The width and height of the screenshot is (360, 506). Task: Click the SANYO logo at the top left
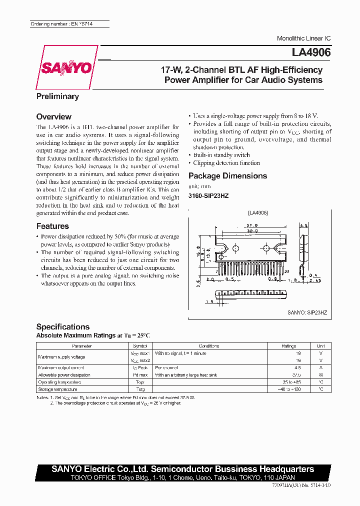click(65, 67)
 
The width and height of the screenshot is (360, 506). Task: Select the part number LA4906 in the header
click(311, 52)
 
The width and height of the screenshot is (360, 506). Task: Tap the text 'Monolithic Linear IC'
click(303, 38)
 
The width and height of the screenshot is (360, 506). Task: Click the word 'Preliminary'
click(57, 96)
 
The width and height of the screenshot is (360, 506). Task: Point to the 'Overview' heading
click(54, 116)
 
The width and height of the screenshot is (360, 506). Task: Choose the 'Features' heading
click(52, 226)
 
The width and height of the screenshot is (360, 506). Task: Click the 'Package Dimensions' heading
click(227, 175)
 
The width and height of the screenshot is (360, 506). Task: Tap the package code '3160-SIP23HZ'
click(208, 195)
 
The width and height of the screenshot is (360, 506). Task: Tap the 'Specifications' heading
click(63, 326)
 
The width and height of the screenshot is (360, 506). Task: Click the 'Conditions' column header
click(208, 345)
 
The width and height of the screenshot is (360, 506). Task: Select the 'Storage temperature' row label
click(58, 389)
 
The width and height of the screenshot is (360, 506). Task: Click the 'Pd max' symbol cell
click(140, 374)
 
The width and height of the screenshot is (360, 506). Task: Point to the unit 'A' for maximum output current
click(320, 367)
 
